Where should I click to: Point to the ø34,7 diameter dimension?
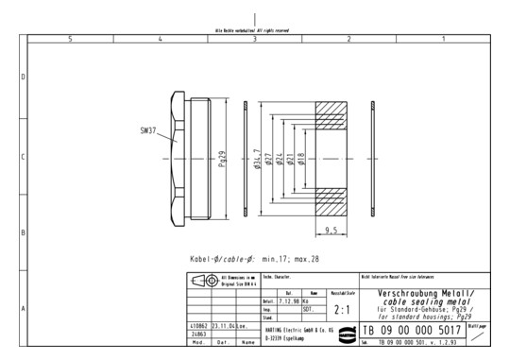pos(258,159)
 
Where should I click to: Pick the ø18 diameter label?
pos(301,159)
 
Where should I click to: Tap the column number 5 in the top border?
pos(71,39)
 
